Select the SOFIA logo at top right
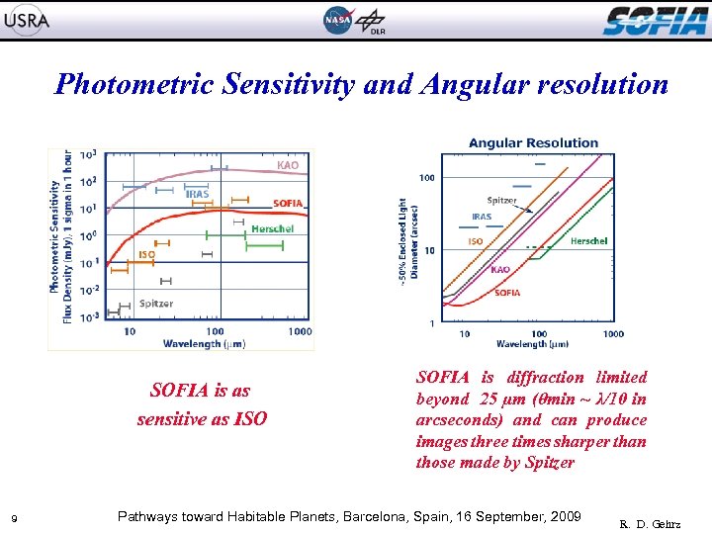click(656, 20)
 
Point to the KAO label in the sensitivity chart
click(288, 165)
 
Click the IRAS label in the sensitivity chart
click(197, 195)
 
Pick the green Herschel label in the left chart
click(272, 228)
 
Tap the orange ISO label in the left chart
click(146, 254)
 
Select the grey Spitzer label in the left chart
click(156, 304)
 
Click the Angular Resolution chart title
click(533, 142)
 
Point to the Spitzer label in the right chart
click(501, 201)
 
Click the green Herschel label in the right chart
click(588, 241)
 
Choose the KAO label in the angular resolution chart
click(500, 269)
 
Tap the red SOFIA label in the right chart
click(507, 293)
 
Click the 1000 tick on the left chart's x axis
click(300, 332)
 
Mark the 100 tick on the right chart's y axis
click(427, 178)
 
